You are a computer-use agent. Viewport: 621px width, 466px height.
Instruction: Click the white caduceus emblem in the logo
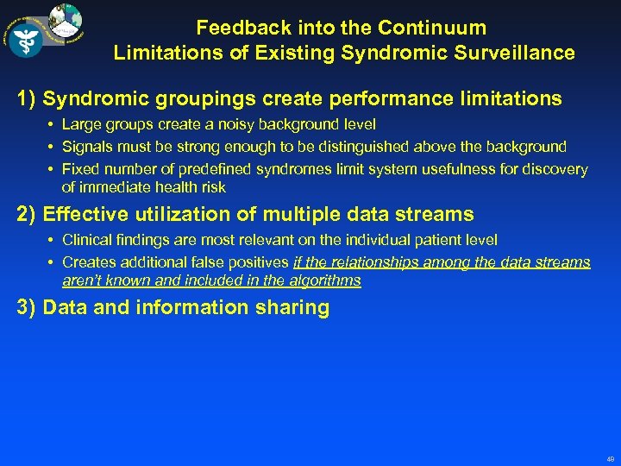click(26, 37)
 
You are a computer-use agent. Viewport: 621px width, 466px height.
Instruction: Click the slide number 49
click(610, 459)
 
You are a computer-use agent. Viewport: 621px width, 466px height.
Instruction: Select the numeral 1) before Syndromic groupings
click(26, 98)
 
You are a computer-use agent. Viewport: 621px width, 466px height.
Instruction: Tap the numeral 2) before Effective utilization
click(26, 214)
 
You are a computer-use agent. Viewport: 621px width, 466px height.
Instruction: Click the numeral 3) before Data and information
click(26, 308)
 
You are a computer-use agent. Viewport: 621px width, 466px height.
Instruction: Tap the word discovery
click(556, 169)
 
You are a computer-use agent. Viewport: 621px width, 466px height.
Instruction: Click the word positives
click(257, 261)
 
